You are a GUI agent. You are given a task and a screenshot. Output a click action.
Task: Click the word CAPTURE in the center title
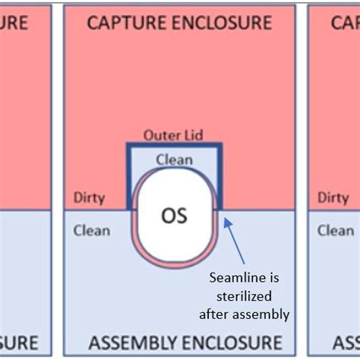tap(124, 22)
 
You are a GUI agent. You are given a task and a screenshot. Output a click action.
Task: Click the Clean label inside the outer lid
tap(174, 159)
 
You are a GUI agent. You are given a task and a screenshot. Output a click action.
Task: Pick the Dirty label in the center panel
tap(90, 197)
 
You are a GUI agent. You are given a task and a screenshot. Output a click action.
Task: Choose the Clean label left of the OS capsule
tap(92, 230)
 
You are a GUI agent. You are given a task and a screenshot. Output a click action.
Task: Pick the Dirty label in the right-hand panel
tap(333, 197)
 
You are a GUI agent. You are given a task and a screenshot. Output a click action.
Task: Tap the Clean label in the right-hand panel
tap(335, 230)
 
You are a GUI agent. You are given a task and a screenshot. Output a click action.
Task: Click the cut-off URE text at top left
tap(14, 22)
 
